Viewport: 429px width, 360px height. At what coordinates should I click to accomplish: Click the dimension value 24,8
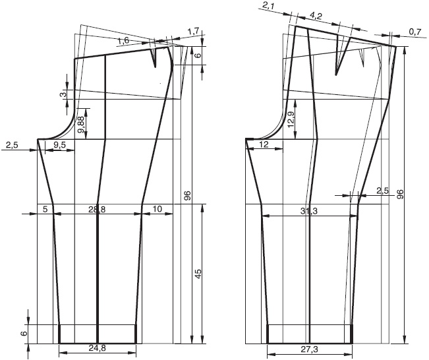point(97,348)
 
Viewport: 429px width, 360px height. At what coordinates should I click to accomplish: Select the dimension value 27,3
point(310,349)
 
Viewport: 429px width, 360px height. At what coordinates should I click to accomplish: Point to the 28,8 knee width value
point(97,210)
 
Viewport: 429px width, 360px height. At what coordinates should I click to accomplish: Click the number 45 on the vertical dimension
point(198,274)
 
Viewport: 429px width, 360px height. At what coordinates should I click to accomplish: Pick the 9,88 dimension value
point(81,124)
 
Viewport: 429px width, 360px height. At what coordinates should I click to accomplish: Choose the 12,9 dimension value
point(291,119)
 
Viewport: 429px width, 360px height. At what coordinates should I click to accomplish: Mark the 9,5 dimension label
point(60,145)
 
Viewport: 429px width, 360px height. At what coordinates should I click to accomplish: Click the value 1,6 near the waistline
point(123,41)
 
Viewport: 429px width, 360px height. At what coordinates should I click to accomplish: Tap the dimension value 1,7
point(194,31)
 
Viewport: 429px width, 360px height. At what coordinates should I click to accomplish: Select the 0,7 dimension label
point(415,32)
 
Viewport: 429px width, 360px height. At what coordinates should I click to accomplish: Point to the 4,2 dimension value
point(316,16)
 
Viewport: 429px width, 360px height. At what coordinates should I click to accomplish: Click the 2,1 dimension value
point(268,5)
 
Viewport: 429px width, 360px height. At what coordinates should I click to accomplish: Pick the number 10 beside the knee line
point(157,209)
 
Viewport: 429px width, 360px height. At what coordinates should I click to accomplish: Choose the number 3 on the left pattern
point(63,94)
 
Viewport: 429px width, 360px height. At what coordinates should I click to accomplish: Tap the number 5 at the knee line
point(45,209)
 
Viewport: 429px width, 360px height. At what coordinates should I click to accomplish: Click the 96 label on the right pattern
point(400,194)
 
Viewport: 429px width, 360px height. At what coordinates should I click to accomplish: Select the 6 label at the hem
point(24,334)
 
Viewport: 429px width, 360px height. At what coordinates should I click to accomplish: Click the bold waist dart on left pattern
point(154,57)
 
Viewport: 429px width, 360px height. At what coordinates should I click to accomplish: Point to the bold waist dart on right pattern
point(343,55)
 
